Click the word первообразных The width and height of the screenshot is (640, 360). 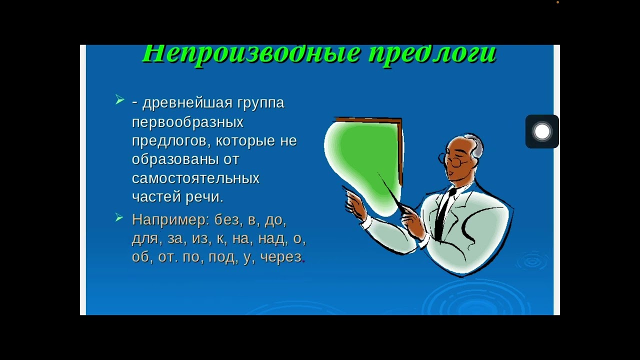click(x=187, y=122)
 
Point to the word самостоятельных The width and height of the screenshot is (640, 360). click(x=195, y=178)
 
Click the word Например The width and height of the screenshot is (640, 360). click(x=168, y=220)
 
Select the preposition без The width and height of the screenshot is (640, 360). click(x=227, y=220)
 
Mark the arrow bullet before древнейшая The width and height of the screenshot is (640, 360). click(x=119, y=101)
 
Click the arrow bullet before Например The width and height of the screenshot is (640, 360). click(x=119, y=217)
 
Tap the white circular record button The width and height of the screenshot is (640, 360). click(x=542, y=131)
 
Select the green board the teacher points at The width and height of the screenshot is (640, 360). click(x=365, y=160)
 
